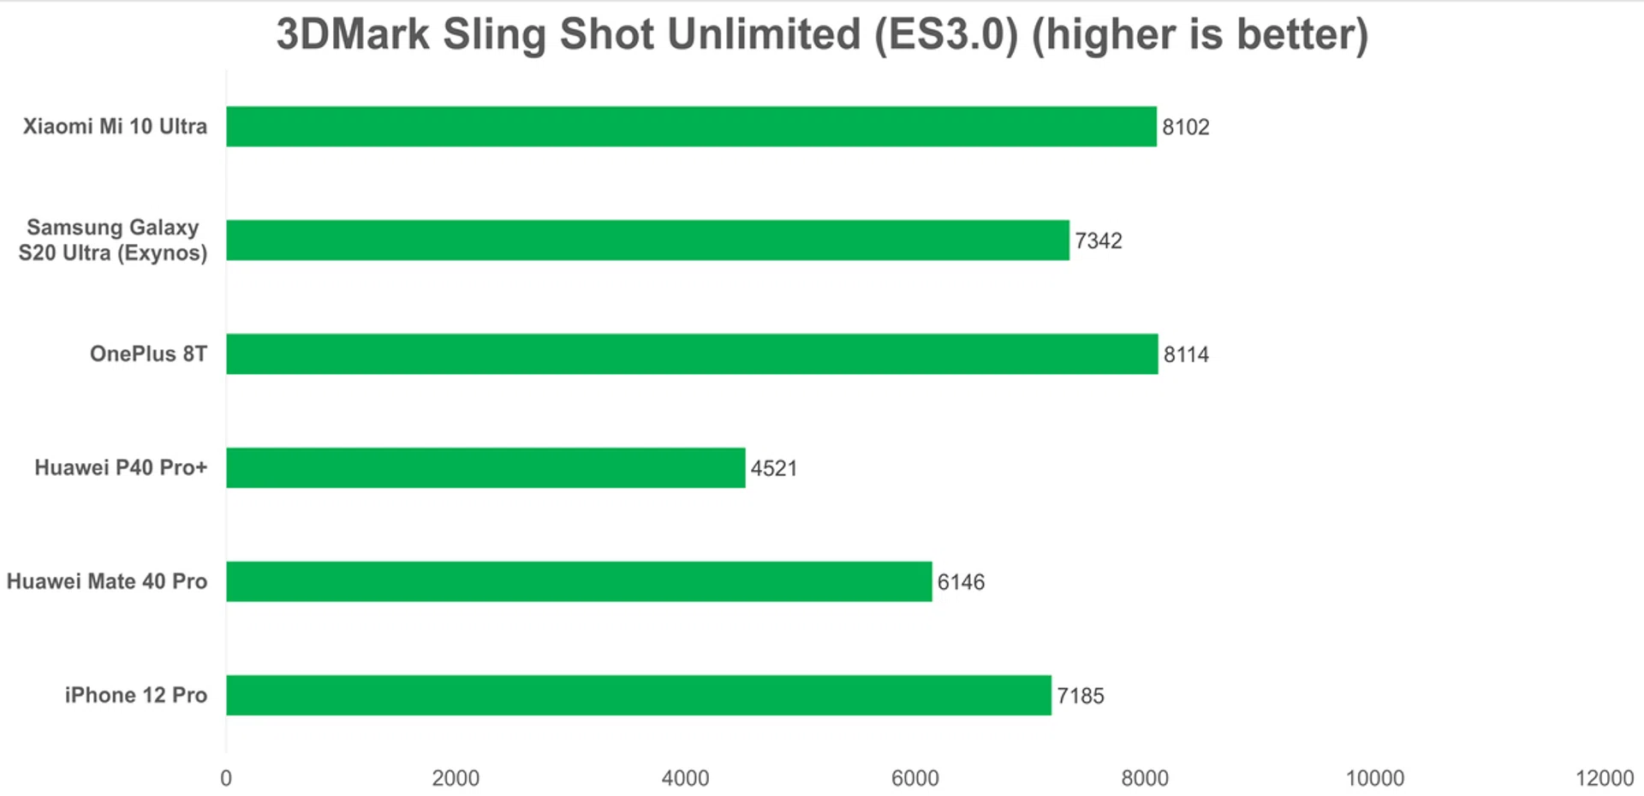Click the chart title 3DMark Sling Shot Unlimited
(x=822, y=35)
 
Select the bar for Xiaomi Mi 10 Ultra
(x=691, y=127)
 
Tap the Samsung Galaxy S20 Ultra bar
(x=647, y=241)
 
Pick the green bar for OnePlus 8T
(x=692, y=354)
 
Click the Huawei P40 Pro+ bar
(x=485, y=468)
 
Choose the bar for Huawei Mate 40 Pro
(x=579, y=582)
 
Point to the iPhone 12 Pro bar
(x=639, y=695)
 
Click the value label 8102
(x=1186, y=128)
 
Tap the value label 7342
(x=1099, y=241)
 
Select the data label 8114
(x=1186, y=355)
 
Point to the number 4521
(x=774, y=469)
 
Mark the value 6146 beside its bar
(x=961, y=583)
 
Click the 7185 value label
(x=1081, y=696)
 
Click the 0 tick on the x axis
(x=226, y=778)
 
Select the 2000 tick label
(x=456, y=778)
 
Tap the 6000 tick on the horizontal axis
(x=915, y=778)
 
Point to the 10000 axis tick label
(x=1375, y=778)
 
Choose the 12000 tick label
(x=1605, y=778)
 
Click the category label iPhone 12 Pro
(x=136, y=695)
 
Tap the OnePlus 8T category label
(x=148, y=354)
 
